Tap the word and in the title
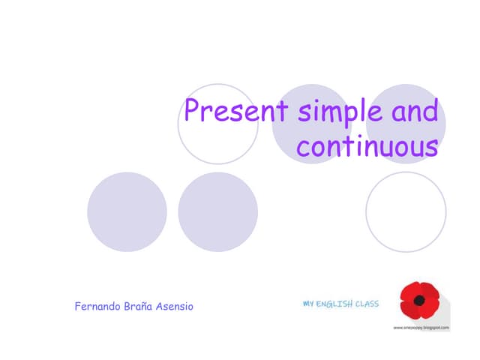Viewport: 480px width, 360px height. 413,112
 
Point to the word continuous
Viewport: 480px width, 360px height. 367,146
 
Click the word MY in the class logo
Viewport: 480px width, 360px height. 308,304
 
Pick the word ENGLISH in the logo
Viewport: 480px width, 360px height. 334,304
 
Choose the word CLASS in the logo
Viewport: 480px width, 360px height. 367,304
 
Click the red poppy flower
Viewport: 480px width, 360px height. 419,300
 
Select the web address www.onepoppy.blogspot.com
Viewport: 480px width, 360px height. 421,328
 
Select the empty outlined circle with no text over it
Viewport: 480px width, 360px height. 406,212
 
